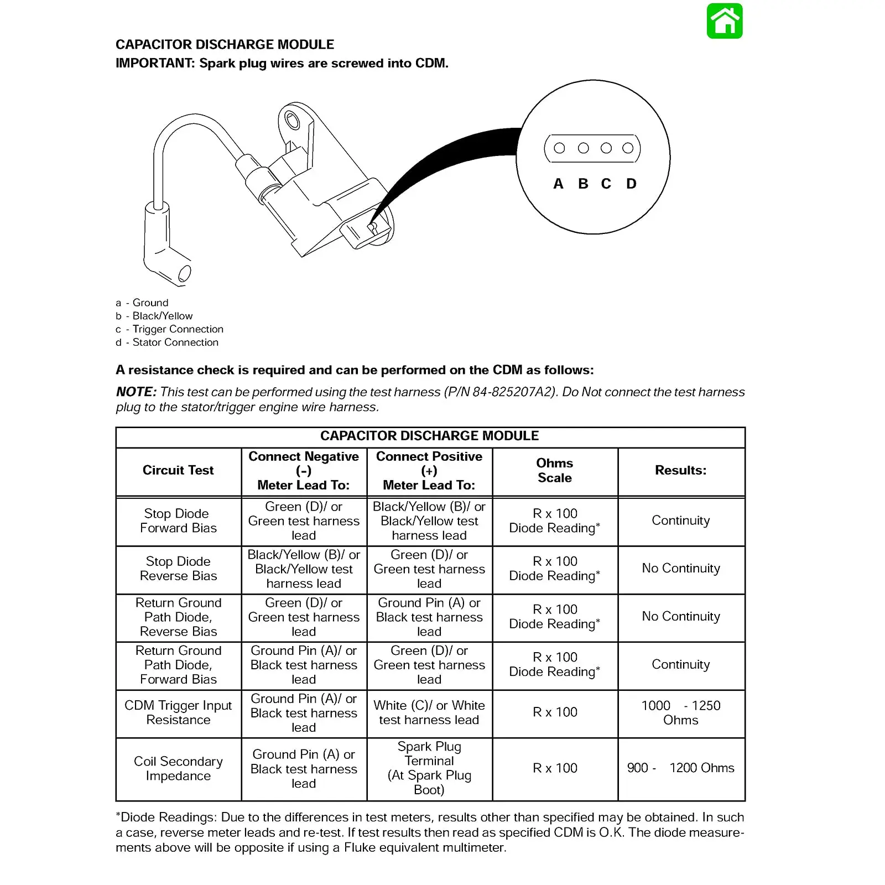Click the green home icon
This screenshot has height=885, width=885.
(x=725, y=21)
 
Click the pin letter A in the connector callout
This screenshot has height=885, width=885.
(x=558, y=184)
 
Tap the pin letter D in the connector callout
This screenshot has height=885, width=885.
(x=631, y=184)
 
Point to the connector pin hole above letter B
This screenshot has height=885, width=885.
(x=583, y=148)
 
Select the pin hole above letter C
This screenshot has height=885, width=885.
(x=606, y=148)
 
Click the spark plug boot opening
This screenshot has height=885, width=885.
(x=184, y=273)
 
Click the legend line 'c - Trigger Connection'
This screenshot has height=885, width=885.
(x=170, y=329)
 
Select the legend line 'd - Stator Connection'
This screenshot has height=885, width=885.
(x=167, y=342)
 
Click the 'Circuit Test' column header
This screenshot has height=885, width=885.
(x=178, y=470)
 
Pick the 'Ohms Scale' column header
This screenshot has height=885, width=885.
(x=555, y=470)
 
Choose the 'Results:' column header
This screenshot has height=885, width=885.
(x=680, y=470)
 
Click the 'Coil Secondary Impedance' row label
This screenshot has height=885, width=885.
(x=178, y=768)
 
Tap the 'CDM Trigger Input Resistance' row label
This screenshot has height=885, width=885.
(x=178, y=712)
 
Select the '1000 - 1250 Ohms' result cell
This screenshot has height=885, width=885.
(x=680, y=712)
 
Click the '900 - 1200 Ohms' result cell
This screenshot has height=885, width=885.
(x=680, y=768)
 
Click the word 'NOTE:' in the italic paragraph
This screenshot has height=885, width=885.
(x=136, y=392)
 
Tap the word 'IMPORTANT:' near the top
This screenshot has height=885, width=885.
(x=155, y=63)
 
